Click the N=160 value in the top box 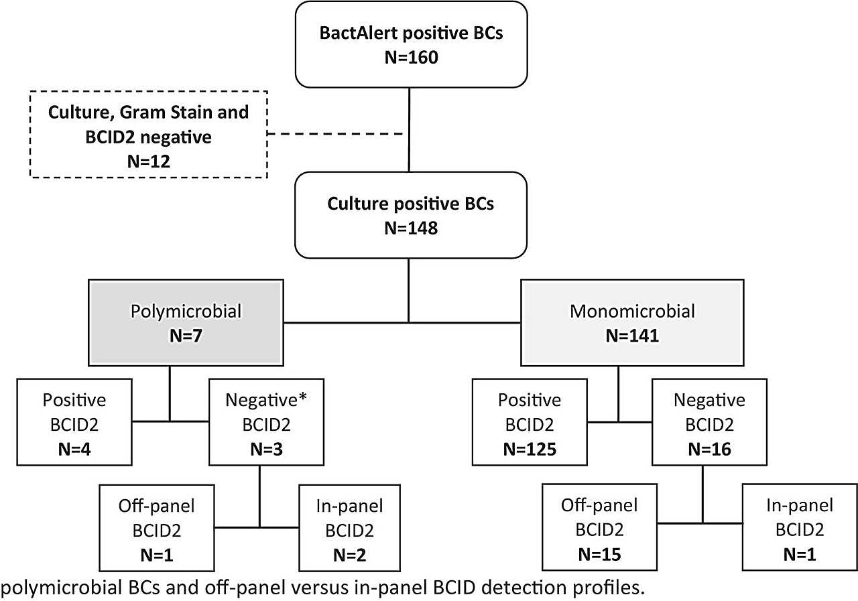coord(412,58)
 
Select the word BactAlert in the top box coord(358,33)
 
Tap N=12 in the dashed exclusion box coord(149,161)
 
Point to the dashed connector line coord(334,133)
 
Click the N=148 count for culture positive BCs coord(411,228)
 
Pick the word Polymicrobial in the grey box coord(186,311)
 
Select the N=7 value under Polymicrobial coord(186,336)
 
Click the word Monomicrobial coord(632,311)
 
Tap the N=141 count coord(632,336)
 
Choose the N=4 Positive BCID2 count coord(74,449)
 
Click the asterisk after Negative coord(302,397)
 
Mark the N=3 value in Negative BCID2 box coord(267,449)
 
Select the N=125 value coord(530,449)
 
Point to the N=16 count coord(709,449)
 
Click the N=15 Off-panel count coord(599,554)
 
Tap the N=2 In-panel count coord(350,555)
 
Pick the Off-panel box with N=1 coord(157,528)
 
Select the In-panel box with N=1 coord(800,527)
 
